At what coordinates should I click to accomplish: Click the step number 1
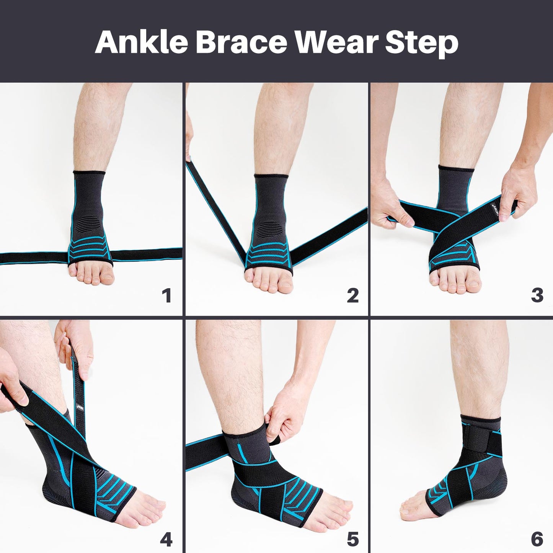(166, 296)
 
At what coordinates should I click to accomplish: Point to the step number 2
(352, 296)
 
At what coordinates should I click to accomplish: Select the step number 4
(166, 540)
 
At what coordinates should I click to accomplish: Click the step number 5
(352, 540)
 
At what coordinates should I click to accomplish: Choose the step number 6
(537, 540)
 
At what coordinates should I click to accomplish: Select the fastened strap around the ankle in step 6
(480, 440)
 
